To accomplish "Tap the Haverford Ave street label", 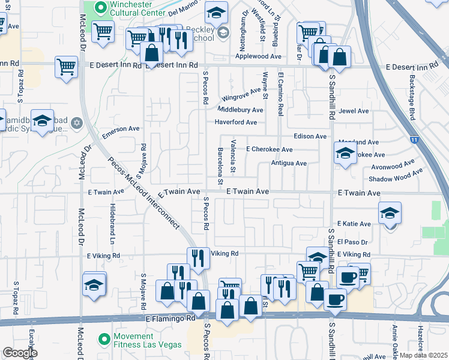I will [236, 122].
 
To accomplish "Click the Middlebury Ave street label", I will [240, 110].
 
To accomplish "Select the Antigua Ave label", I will [289, 163].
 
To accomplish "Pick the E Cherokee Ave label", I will [269, 149].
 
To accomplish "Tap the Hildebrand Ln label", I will [112, 222].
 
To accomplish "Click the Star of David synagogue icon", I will [76, 123].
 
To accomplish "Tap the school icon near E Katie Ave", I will [390, 214].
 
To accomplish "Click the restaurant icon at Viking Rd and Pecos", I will [198, 259].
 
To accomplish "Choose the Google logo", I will [20, 353].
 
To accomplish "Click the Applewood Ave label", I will [258, 56].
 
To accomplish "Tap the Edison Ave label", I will [310, 137].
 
